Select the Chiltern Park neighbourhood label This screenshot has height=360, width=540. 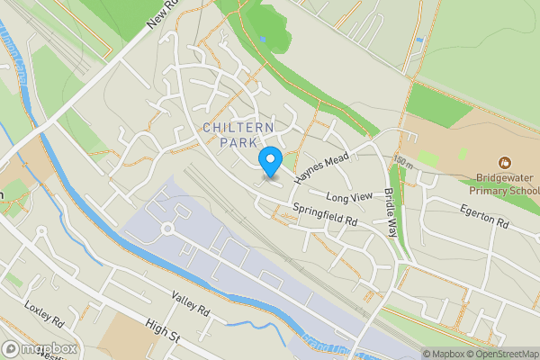click(238, 135)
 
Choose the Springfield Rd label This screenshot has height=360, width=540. click(325, 214)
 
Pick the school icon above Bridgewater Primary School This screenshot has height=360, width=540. click(504, 164)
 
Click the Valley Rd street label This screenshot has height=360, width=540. click(190, 309)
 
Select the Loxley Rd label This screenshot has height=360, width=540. click(45, 314)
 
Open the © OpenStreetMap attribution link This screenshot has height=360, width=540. click(503, 354)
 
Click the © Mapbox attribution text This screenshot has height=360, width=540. click(444, 354)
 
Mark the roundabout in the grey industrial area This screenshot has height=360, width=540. click(167, 229)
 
